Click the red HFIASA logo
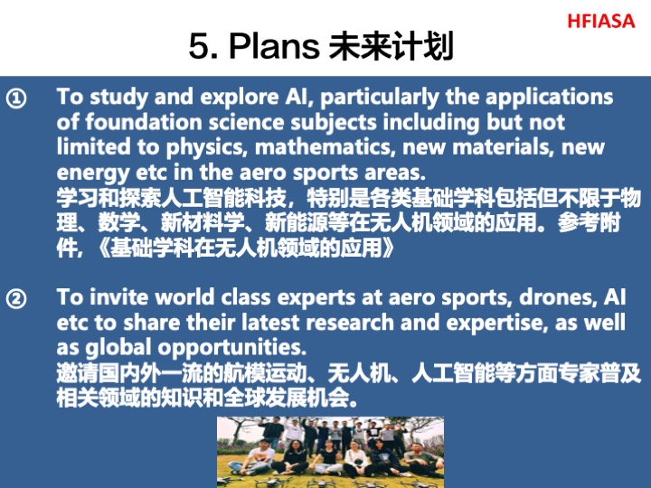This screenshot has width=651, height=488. [x=600, y=21]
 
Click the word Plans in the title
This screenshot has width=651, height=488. [x=274, y=45]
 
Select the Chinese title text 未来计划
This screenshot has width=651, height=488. [x=391, y=46]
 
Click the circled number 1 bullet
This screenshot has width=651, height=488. [x=16, y=99]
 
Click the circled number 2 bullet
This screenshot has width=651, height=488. [x=16, y=299]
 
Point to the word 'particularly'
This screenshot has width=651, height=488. [x=380, y=98]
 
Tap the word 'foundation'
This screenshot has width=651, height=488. [x=143, y=122]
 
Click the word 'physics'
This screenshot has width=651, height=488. [x=207, y=148]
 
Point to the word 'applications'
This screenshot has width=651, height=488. [x=550, y=98]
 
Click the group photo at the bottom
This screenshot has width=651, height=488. [x=331, y=452]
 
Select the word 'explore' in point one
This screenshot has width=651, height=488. [x=239, y=98]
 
